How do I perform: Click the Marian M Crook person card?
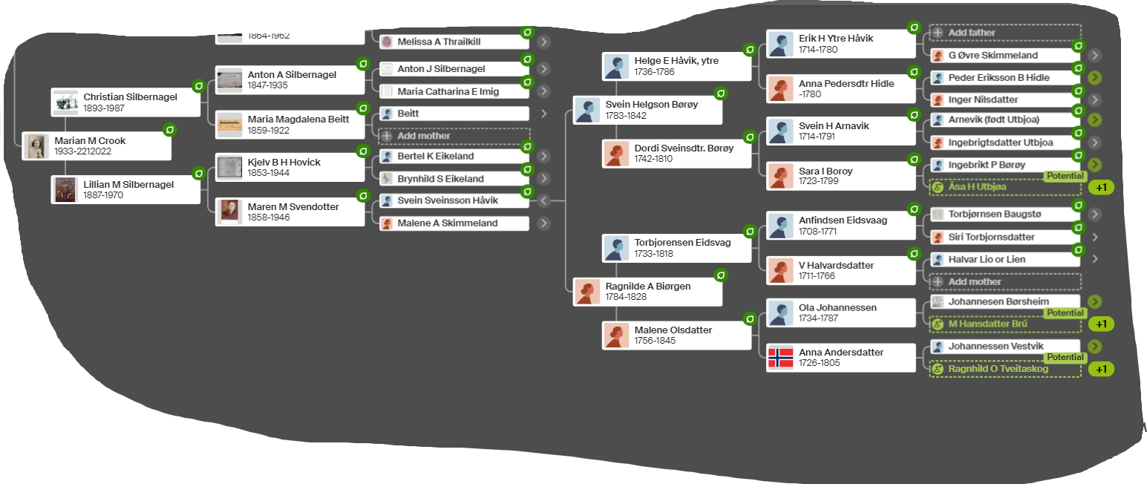(x=97, y=145)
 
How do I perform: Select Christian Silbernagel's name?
(x=130, y=97)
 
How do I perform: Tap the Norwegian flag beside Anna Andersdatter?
(x=780, y=358)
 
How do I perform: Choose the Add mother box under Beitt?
(x=454, y=136)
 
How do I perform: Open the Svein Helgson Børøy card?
(x=647, y=110)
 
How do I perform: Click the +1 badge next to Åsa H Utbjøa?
(x=1101, y=187)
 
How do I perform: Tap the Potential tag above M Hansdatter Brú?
(x=1065, y=313)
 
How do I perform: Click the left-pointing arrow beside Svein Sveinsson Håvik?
(x=544, y=200)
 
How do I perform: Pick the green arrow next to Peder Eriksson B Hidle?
(x=1095, y=77)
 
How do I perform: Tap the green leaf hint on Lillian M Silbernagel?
(x=198, y=174)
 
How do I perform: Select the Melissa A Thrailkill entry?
(x=454, y=42)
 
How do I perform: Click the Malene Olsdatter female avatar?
(x=615, y=335)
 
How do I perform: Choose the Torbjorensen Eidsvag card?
(x=677, y=248)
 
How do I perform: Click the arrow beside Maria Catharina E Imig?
(x=544, y=91)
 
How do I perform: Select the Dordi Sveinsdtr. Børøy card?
(x=677, y=153)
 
